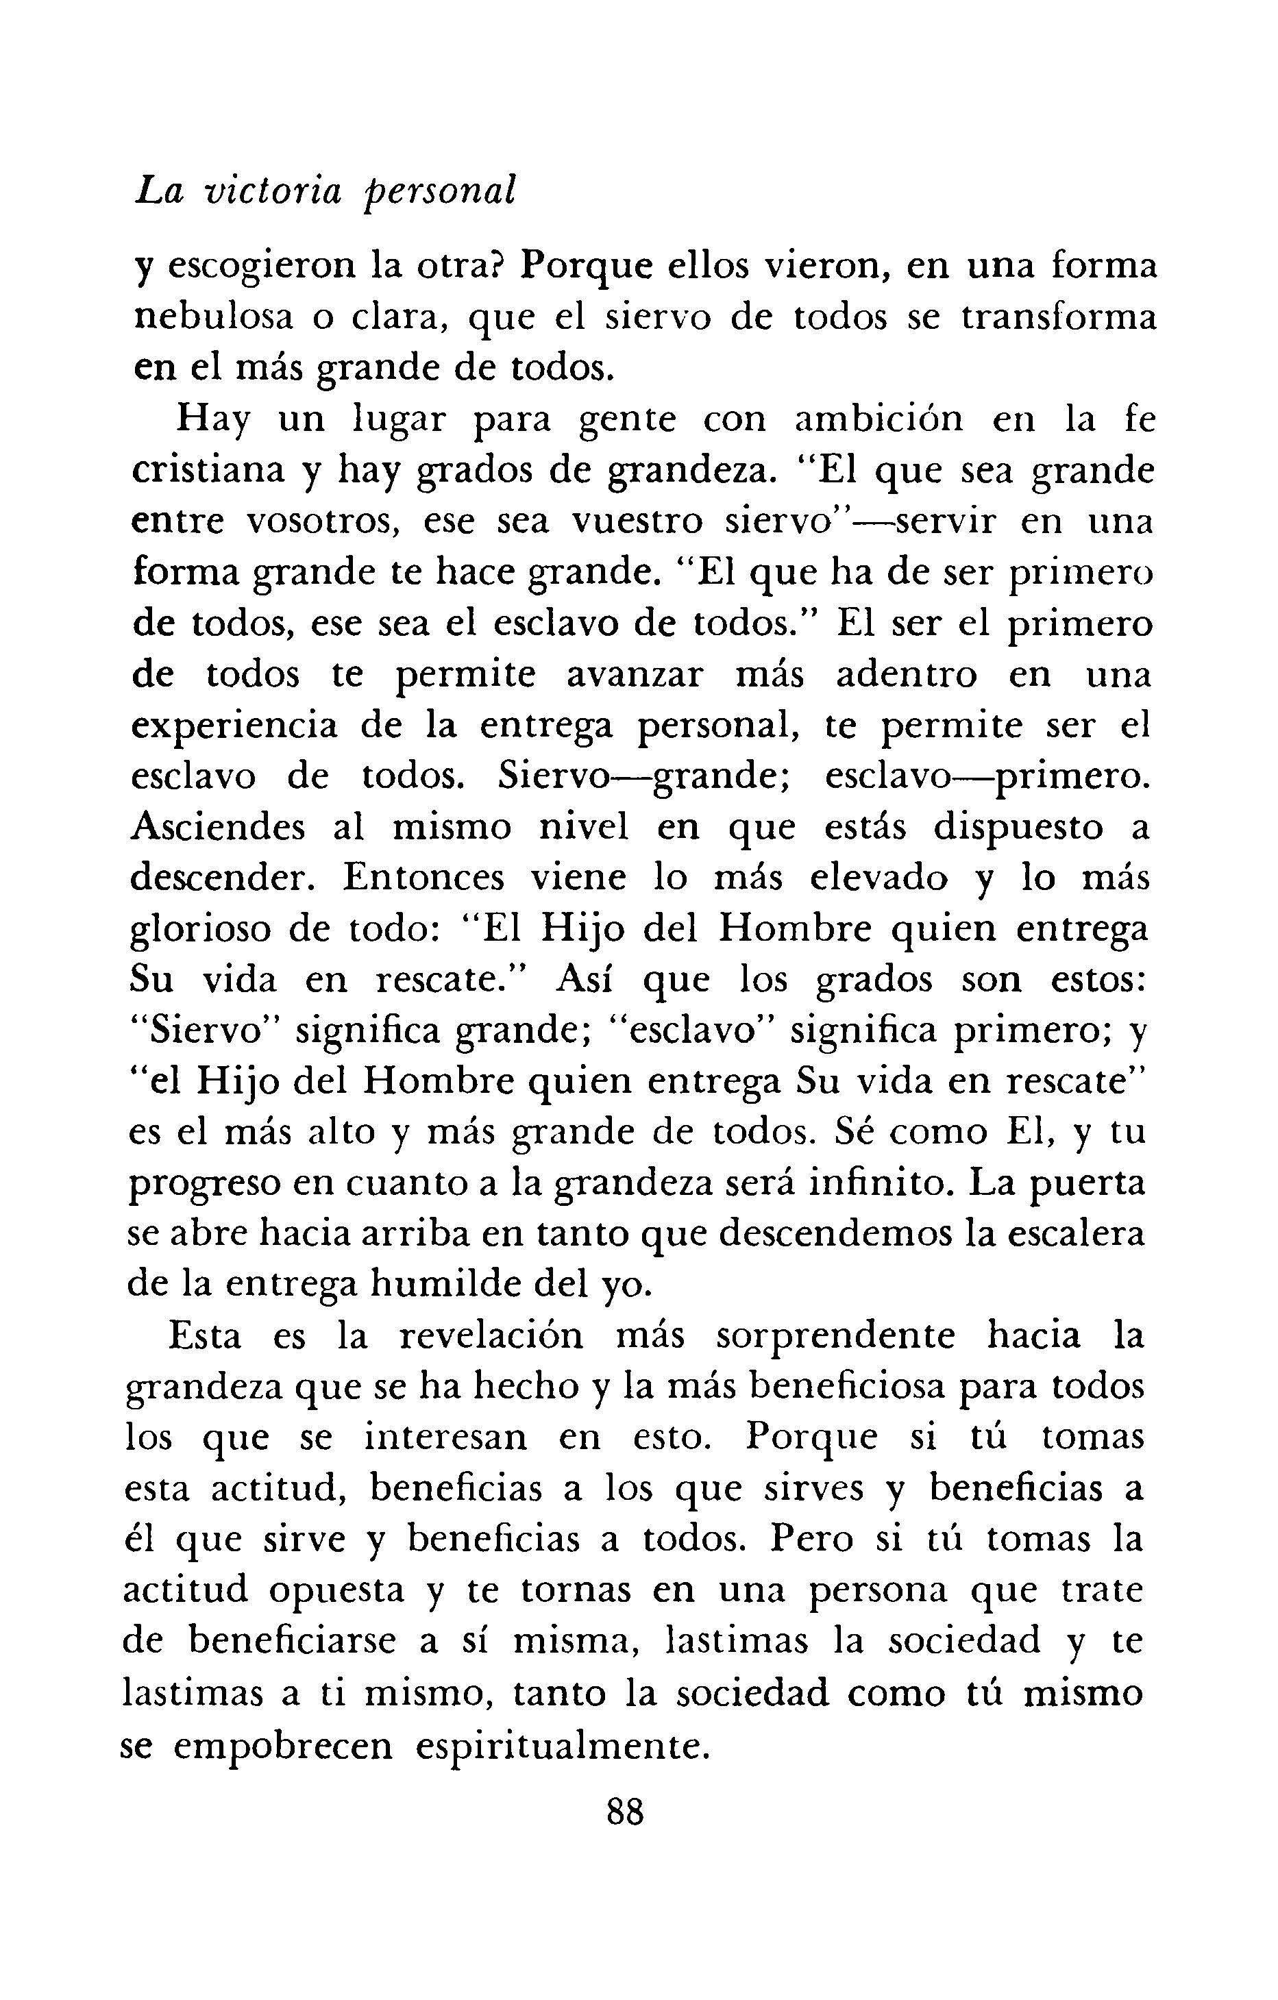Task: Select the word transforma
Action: [x=1059, y=318]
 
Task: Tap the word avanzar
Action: [x=635, y=676]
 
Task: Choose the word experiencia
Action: [x=234, y=728]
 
